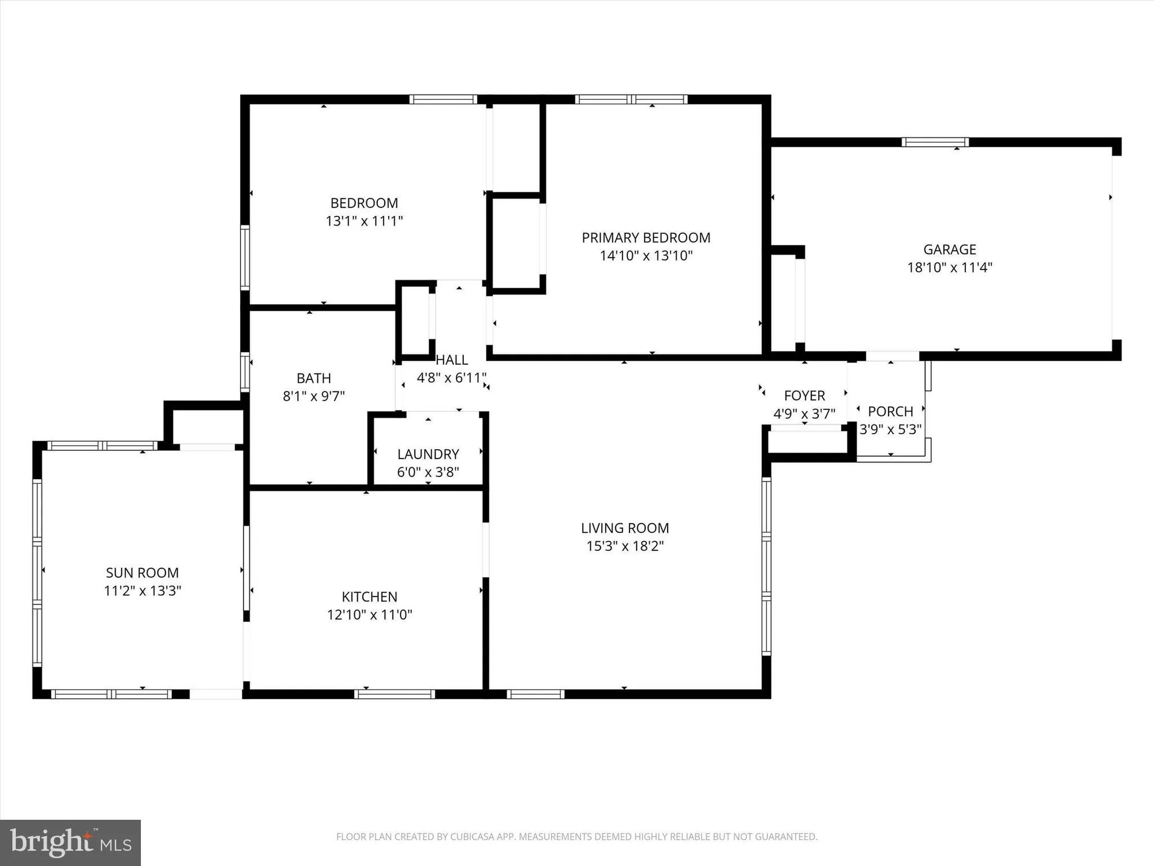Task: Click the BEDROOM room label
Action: (x=364, y=203)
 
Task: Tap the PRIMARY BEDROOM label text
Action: (x=646, y=238)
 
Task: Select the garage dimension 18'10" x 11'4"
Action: (x=949, y=267)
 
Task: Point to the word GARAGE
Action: (x=949, y=249)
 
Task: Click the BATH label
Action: (x=313, y=378)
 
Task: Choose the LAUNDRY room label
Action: (x=428, y=454)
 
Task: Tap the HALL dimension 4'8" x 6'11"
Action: (x=451, y=378)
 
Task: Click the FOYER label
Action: (x=804, y=395)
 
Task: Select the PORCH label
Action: (x=890, y=412)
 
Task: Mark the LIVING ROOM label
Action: (x=625, y=528)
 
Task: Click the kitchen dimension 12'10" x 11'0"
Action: (x=369, y=614)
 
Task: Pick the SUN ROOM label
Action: (x=142, y=573)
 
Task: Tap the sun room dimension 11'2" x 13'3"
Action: (x=142, y=591)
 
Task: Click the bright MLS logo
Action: (x=70, y=842)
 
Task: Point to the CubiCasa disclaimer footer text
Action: (x=576, y=837)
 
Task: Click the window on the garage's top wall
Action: (x=935, y=142)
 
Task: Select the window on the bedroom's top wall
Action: (x=443, y=99)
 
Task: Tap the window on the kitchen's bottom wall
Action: (x=395, y=694)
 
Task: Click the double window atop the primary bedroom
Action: (x=631, y=99)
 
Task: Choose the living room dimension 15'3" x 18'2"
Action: (x=625, y=546)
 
